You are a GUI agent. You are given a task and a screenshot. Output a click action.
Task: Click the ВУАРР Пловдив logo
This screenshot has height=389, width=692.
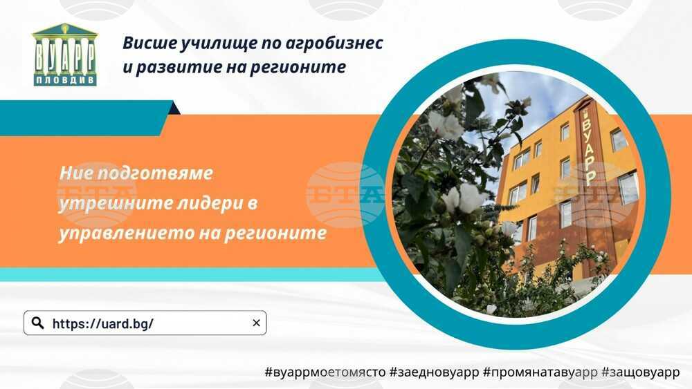pos(65,54)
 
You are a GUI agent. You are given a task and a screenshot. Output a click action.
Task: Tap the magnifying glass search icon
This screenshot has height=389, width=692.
pos(38,323)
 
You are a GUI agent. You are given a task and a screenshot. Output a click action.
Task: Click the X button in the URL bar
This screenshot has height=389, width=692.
pos(256,323)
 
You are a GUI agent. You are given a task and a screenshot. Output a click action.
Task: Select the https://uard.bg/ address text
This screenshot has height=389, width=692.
pos(103,324)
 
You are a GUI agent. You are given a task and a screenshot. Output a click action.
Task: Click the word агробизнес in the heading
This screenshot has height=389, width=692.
pos(334,43)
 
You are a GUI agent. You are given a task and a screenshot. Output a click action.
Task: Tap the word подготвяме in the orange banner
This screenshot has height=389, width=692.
pos(154,173)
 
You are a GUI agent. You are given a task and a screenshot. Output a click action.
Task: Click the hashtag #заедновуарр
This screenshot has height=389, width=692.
pos(435,372)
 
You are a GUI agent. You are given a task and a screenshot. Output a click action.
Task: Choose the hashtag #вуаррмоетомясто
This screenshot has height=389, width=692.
pos(325,372)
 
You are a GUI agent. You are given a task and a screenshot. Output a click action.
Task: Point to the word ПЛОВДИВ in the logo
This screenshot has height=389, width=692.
pos(65,80)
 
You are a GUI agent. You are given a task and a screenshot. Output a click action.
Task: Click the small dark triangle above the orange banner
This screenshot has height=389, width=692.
pos(175,108)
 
